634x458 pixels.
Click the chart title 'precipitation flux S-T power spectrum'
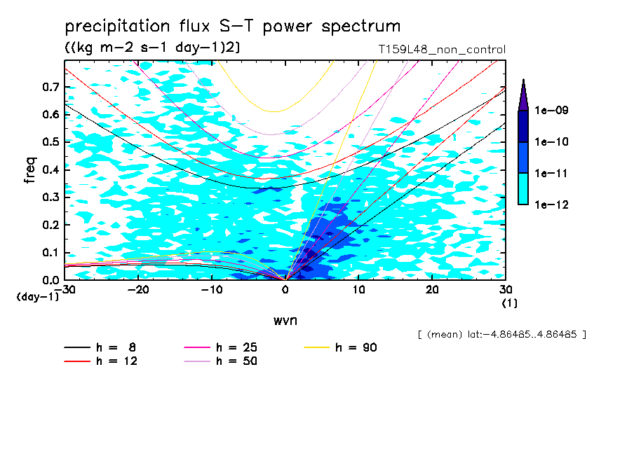click(232, 27)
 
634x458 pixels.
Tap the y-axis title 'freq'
click(30, 171)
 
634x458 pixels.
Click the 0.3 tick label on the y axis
click(50, 197)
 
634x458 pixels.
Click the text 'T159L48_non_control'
click(441, 49)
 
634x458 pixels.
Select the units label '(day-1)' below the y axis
click(38, 297)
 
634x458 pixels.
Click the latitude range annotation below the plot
click(501, 335)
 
